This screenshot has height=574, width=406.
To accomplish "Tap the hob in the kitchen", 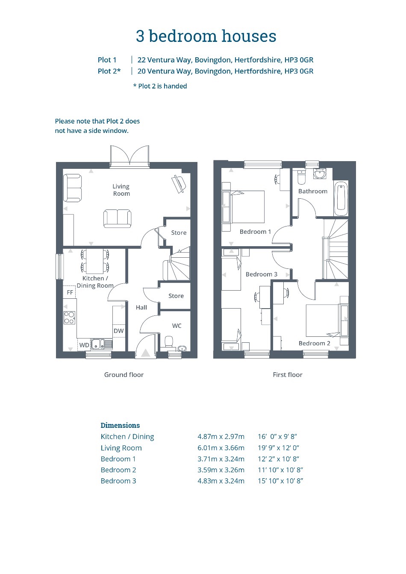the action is click(69, 318).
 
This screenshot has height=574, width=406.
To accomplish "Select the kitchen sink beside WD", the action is click(102, 344).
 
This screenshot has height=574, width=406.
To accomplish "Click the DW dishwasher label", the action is click(119, 331).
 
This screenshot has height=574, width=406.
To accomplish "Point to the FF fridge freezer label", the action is click(70, 292).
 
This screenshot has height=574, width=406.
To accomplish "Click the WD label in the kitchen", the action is click(84, 345).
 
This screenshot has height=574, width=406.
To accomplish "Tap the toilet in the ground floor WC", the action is click(168, 342).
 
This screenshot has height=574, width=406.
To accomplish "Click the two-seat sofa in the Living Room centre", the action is click(118, 218).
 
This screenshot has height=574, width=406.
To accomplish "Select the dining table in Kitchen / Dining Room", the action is click(95, 262).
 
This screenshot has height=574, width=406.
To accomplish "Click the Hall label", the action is click(141, 307).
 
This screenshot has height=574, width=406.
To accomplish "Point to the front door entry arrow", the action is click(145, 353).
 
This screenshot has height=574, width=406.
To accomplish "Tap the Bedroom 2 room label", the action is click(314, 343).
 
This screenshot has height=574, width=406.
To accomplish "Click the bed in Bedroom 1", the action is click(248, 206).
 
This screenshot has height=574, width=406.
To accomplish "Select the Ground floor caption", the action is click(124, 375).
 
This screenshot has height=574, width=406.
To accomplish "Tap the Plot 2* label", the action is click(109, 71).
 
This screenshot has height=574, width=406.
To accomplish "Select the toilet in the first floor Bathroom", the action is click(301, 177).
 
